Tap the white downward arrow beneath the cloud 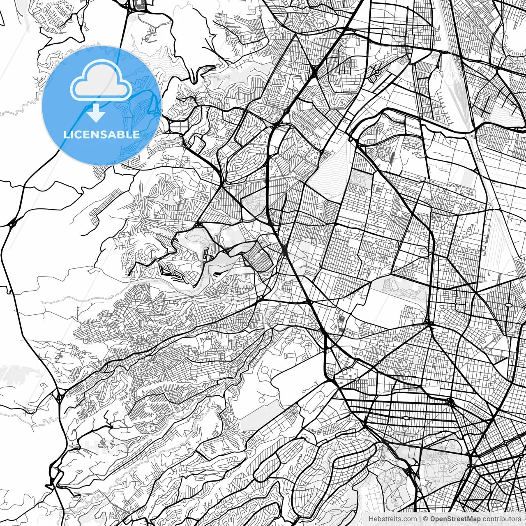click(96, 113)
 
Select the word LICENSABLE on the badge click(102, 134)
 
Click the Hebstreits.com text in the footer click(392, 519)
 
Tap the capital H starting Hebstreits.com click(371, 519)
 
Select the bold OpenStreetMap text click(455, 519)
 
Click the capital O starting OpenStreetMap click(433, 519)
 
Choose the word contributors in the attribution click(502, 519)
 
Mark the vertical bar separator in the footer click(420, 519)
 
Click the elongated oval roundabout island click(509, 305)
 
